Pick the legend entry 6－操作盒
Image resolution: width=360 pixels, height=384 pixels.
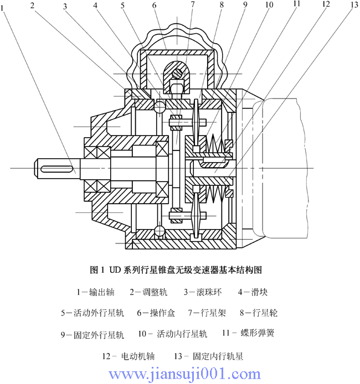(x=156, y=313)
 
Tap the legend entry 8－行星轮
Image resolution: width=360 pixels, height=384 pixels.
(x=259, y=313)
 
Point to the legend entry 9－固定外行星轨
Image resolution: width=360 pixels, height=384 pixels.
(x=92, y=334)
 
